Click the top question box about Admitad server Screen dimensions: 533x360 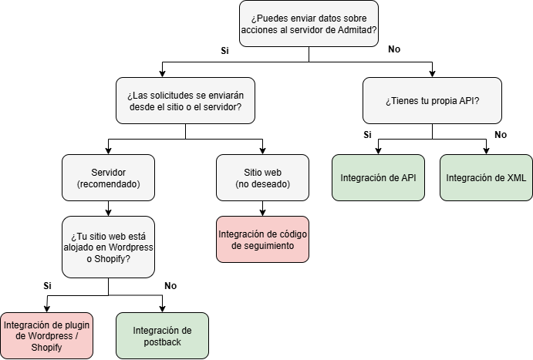(309, 24)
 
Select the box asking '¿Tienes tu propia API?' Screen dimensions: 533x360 (432, 100)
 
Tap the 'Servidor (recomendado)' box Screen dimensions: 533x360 (108, 177)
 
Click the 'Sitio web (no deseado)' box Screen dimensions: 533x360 (262, 177)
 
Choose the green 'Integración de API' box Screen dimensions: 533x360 (378, 177)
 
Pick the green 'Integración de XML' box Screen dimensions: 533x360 (486, 177)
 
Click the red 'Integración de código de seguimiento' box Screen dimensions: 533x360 (262, 240)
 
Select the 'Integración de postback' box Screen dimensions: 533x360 (162, 336)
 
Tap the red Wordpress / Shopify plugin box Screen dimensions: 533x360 (46, 336)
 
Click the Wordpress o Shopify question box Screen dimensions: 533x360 (108, 247)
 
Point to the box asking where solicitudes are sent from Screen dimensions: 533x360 (185, 100)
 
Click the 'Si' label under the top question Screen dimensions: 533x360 (224, 51)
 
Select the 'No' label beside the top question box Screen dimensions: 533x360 (394, 49)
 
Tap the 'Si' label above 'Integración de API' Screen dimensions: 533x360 (367, 135)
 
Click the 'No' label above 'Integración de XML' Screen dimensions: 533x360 (501, 135)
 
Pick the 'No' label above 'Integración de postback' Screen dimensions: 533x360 (170, 286)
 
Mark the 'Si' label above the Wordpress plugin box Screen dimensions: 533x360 (48, 286)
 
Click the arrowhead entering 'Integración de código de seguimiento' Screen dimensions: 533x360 (262, 213)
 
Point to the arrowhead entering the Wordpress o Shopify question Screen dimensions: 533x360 (108, 213)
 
